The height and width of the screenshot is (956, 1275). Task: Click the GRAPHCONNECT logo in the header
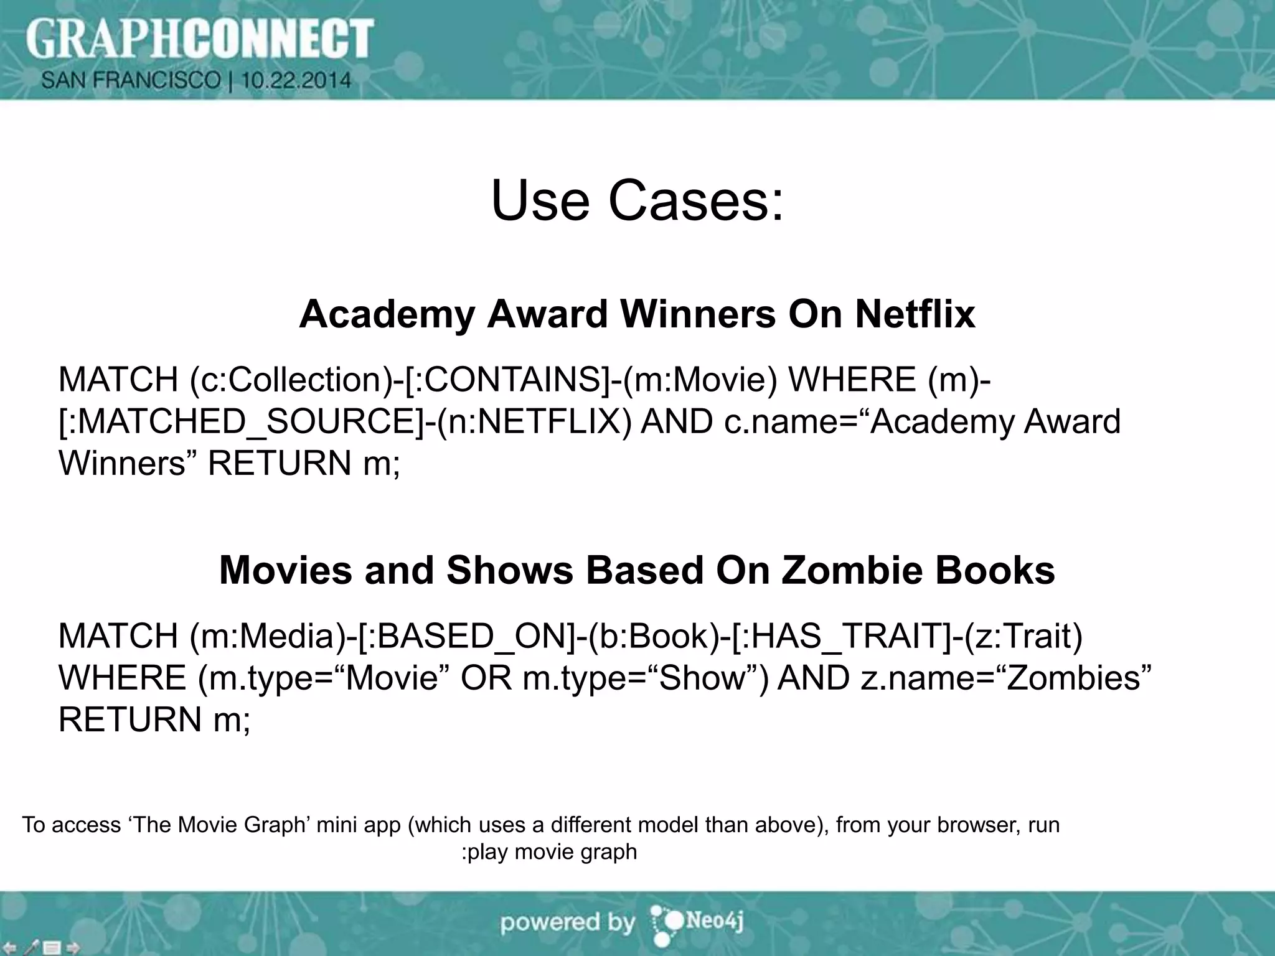click(x=199, y=39)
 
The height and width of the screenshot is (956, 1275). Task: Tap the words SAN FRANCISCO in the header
click(x=131, y=80)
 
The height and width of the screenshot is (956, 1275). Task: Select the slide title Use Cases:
click(x=637, y=200)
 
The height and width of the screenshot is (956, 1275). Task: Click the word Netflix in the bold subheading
click(x=915, y=314)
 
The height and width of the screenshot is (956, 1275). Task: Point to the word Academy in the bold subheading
click(x=387, y=314)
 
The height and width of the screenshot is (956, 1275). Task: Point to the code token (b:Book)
click(x=653, y=636)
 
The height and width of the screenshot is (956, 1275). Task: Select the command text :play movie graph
click(x=549, y=851)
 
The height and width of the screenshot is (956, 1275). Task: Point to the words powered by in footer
click(x=567, y=922)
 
